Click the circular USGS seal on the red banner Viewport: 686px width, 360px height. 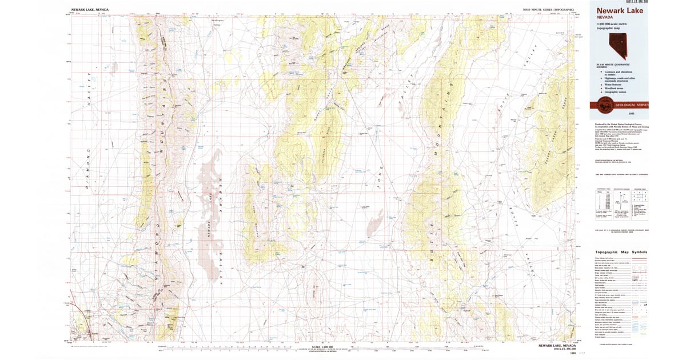603,105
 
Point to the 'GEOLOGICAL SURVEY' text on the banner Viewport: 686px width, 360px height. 632,105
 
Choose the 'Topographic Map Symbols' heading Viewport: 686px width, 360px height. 621,252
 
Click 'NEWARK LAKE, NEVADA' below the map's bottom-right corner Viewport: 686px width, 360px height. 557,346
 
